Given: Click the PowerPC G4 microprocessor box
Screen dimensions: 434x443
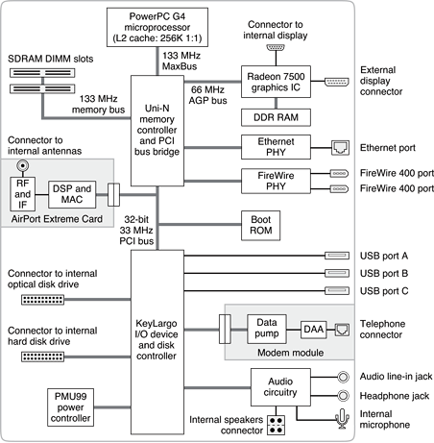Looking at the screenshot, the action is point(157,28).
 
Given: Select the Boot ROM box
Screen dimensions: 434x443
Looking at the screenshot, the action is point(260,226).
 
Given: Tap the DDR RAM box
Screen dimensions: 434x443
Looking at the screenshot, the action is point(276,117).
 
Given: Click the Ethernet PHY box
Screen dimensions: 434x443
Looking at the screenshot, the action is point(276,147).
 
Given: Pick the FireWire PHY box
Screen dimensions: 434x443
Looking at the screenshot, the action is point(276,181).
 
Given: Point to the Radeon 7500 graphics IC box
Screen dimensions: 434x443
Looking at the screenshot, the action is point(276,82).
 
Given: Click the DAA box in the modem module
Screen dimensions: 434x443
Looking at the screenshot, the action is point(313,330).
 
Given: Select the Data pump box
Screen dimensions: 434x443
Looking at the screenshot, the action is point(267,329).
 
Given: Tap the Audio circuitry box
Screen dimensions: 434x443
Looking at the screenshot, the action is point(280,387).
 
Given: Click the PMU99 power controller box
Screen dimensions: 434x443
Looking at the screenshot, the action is point(70,407).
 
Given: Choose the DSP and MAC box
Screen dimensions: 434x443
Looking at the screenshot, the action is point(72,194).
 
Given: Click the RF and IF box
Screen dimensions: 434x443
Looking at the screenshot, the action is point(22,194).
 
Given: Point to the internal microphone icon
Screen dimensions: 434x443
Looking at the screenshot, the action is point(342,418).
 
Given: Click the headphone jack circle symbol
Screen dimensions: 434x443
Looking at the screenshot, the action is point(343,396).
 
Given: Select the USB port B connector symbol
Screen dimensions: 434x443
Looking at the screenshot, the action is point(337,273).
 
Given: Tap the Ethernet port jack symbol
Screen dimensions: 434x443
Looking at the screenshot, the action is point(340,148).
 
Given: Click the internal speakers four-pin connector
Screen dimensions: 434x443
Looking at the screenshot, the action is point(276,425).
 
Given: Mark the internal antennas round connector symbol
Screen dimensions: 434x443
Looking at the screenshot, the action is point(23,166).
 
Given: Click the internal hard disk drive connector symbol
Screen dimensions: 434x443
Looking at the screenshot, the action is point(42,357).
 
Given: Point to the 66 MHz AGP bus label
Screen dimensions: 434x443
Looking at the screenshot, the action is point(207,95).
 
